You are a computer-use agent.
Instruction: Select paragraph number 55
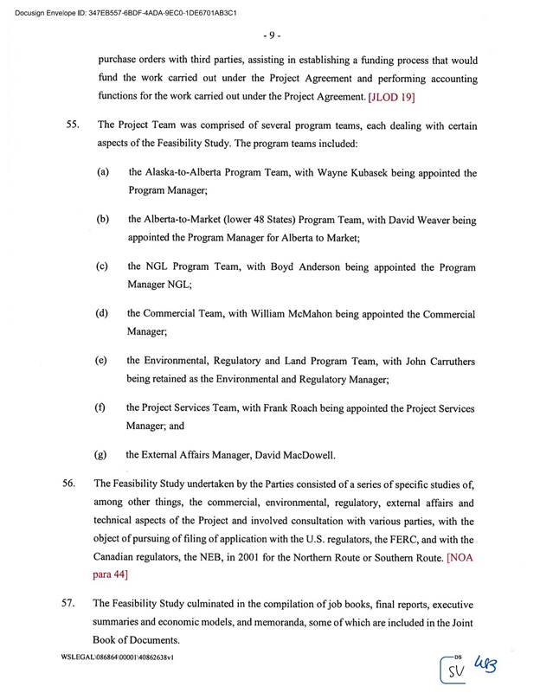click(74, 125)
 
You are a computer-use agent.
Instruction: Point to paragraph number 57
click(74, 601)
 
